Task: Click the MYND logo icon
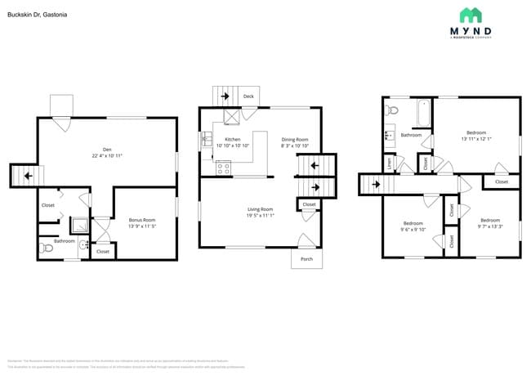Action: point(470,16)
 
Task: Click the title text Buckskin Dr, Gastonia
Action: point(38,15)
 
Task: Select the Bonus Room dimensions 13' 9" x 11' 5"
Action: point(142,226)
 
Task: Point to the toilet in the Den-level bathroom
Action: point(47,249)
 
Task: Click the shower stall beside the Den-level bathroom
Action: point(80,226)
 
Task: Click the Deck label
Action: point(248,96)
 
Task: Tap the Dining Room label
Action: point(295,140)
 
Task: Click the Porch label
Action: point(306,259)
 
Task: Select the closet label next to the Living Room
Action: point(309,204)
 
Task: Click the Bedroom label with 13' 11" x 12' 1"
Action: point(476,132)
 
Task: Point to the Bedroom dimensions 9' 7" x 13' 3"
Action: point(489,226)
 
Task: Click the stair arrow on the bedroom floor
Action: point(375,184)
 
